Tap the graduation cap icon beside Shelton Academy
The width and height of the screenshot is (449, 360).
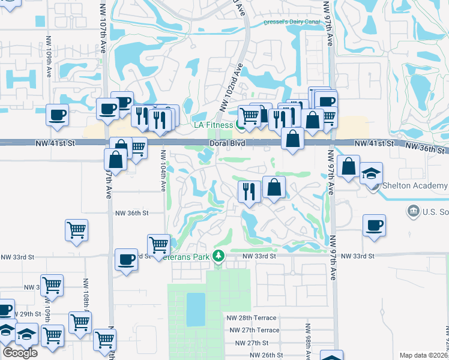click(x=372, y=174)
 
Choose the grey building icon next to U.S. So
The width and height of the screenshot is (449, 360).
click(x=413, y=211)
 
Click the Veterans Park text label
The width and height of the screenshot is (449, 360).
click(x=193, y=256)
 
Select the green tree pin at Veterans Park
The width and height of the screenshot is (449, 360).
click(x=219, y=256)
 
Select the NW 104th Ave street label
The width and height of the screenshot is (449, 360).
click(x=162, y=171)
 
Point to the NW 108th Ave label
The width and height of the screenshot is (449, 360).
click(x=85, y=294)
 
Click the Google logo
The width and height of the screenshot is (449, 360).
click(x=20, y=353)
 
